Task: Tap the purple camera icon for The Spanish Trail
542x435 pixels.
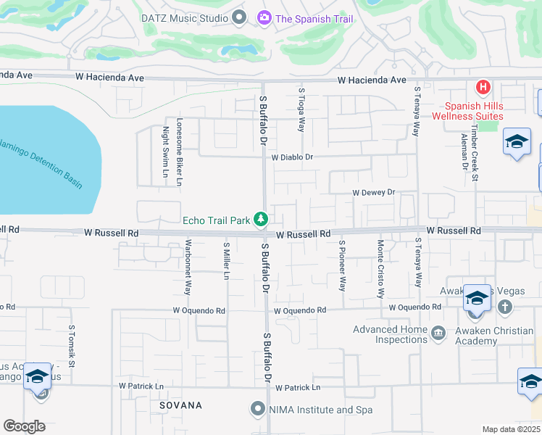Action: click(x=264, y=17)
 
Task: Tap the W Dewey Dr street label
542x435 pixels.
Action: click(x=373, y=193)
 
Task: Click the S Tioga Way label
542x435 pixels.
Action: click(x=301, y=109)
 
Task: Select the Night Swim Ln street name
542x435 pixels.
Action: click(x=166, y=148)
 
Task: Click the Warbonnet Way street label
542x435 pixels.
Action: click(x=188, y=267)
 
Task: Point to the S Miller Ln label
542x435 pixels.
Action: click(x=226, y=262)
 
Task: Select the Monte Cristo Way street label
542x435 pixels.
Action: click(x=380, y=269)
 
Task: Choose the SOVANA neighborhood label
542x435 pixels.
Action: click(x=181, y=405)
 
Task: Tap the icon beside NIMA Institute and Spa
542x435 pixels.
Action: click(x=257, y=410)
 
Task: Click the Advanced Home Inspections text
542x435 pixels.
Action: click(x=389, y=334)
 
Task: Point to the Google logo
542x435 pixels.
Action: click(x=24, y=426)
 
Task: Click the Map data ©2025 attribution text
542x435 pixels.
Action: click(x=511, y=429)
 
